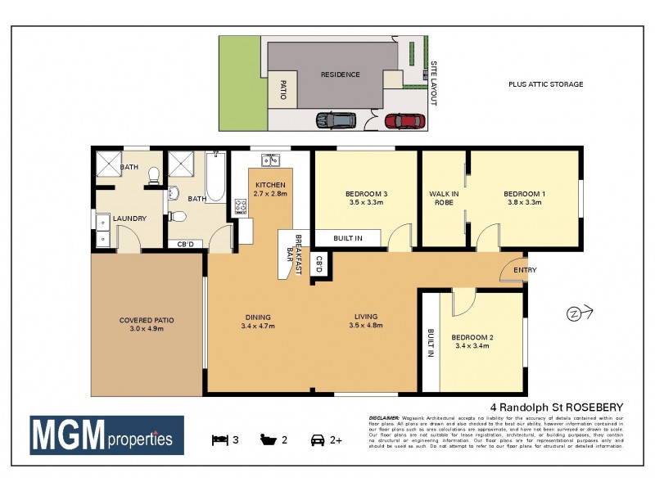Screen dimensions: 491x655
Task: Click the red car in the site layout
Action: pos(404,121)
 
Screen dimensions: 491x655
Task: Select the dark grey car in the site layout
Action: pos(337,120)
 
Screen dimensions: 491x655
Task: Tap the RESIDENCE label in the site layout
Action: pos(340,74)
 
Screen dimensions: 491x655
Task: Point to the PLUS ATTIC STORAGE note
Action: pos(545,84)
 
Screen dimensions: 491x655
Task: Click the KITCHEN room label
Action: pos(270,184)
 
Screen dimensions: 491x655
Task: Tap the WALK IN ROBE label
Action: pos(443,198)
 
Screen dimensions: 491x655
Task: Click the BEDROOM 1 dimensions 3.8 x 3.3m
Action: pos(525,202)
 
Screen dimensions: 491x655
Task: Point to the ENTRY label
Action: pos(525,270)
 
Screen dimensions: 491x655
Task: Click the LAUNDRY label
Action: pos(130,218)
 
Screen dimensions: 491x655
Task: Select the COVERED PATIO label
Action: pos(147,320)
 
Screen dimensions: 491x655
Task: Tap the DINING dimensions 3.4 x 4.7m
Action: pos(257,326)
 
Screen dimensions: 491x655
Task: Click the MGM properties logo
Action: pos(107,435)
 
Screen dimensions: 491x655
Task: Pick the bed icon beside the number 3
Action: pos(219,439)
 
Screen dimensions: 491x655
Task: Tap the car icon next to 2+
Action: pos(316,439)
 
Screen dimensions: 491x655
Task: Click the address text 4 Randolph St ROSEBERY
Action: pos(557,407)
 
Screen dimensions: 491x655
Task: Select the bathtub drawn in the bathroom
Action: pos(215,178)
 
